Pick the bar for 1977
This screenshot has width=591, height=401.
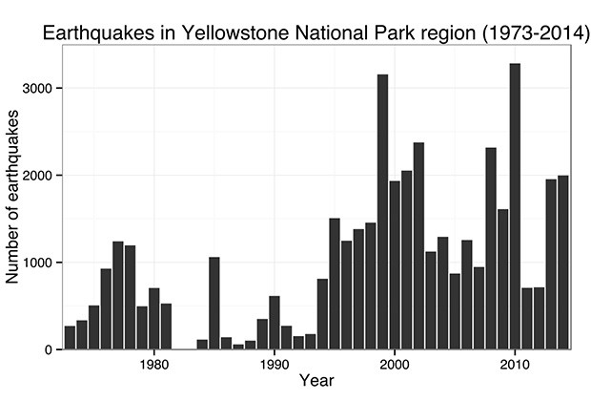coord(118,295)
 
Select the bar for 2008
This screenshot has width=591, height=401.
coord(491,248)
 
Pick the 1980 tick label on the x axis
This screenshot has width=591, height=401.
coord(153,364)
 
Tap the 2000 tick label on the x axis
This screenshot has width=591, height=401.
coord(395,364)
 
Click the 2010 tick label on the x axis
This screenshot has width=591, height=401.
coord(515,364)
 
